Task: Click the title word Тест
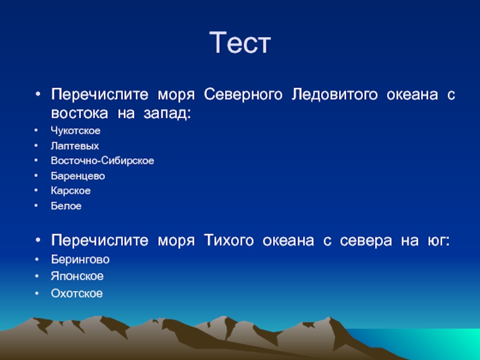(240, 43)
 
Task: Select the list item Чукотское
(76, 131)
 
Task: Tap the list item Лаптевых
(75, 146)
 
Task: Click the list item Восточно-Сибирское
(103, 161)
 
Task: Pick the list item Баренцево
(78, 176)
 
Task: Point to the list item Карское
(71, 191)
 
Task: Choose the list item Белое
(66, 206)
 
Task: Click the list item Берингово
(80, 260)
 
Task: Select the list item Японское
(77, 277)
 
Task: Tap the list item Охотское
(77, 293)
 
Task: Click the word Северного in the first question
(243, 95)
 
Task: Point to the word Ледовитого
(335, 95)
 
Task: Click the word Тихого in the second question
(229, 241)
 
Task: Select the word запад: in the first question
(167, 113)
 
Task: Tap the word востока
(80, 113)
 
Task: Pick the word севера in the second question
(366, 241)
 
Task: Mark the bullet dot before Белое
(36, 206)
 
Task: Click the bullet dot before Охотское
(37, 293)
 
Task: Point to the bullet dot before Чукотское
(36, 130)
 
